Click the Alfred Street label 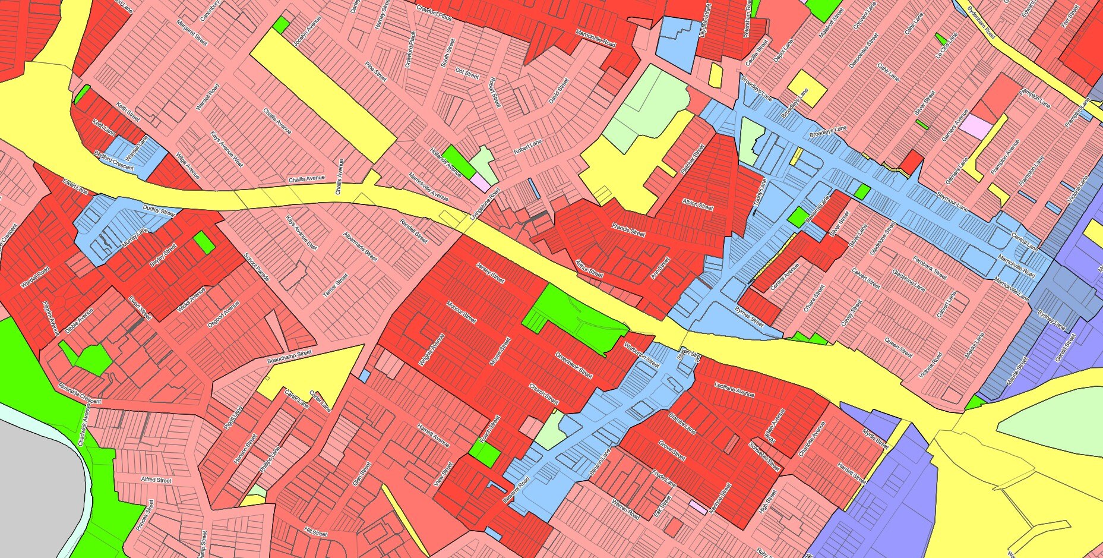[156, 480]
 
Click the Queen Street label [897, 348]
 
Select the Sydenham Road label [981, 23]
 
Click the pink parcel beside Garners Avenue [976, 127]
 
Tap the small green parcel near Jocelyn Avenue [281, 25]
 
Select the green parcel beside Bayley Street [204, 242]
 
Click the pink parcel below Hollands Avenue [481, 182]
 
